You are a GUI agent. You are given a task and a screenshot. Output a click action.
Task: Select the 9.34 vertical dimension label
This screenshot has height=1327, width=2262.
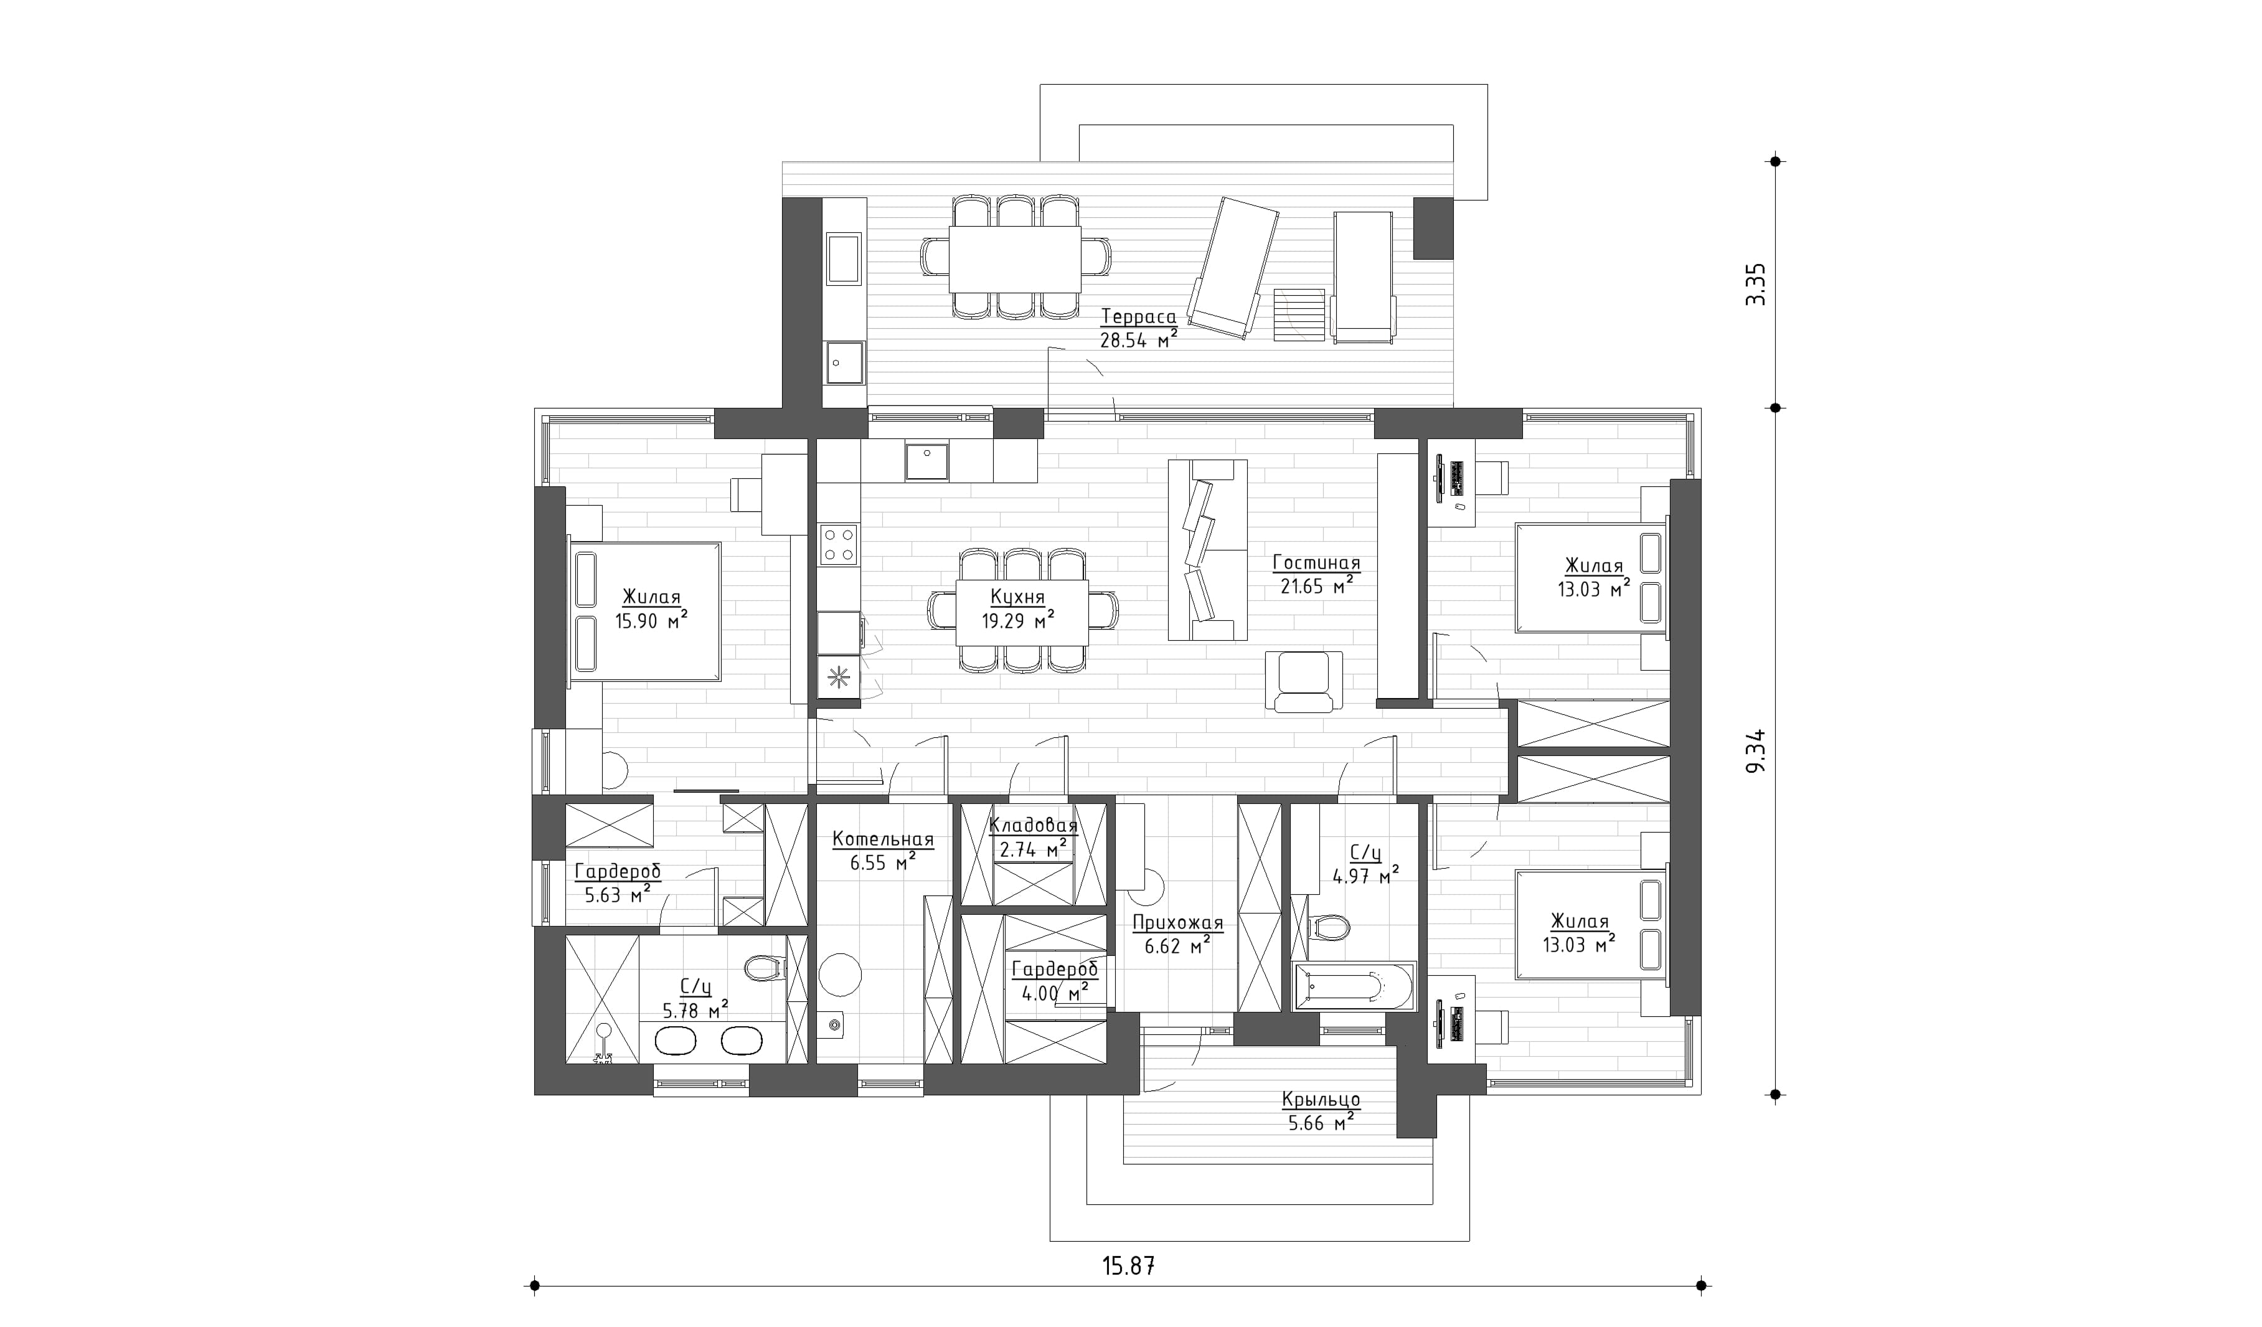click(x=1756, y=750)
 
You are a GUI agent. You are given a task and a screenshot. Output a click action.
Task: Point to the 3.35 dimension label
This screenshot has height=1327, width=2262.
click(x=1756, y=285)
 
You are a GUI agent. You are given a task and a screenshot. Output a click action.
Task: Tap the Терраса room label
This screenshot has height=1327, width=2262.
click(x=1138, y=317)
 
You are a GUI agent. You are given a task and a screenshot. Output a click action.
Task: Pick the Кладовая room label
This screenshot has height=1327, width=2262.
click(x=1033, y=825)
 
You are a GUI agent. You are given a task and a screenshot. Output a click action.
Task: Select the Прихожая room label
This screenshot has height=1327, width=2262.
click(x=1177, y=922)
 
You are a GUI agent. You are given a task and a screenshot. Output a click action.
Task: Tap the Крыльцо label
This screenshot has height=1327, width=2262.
click(x=1321, y=1100)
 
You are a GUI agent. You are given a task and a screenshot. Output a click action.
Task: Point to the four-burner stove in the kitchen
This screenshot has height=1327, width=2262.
click(x=837, y=544)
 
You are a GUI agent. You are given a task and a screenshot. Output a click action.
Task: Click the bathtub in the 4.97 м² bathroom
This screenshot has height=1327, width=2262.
click(x=1353, y=987)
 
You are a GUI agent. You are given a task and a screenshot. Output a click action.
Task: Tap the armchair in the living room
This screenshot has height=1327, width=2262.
click(x=1303, y=681)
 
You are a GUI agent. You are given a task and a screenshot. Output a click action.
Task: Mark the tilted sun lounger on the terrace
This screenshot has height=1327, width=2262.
click(x=1233, y=268)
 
